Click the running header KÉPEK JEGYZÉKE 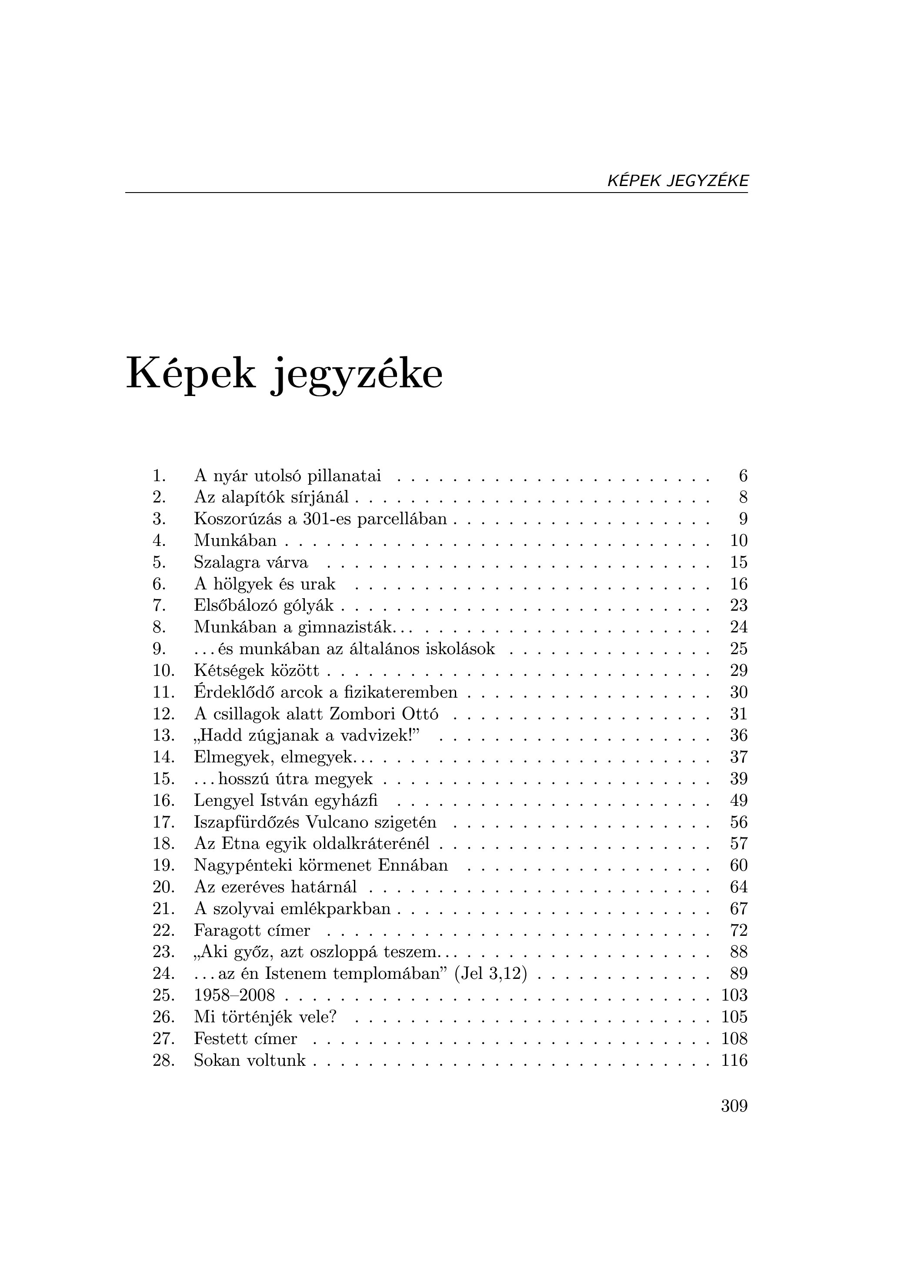[x=677, y=181]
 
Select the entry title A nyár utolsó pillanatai [x=287, y=476]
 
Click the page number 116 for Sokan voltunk [x=734, y=1060]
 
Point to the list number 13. [x=163, y=735]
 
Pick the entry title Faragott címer [x=252, y=931]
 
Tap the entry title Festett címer [x=245, y=1038]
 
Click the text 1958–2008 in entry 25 [x=234, y=995]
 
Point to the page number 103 [x=734, y=995]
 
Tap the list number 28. [x=163, y=1060]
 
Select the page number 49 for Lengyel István [x=738, y=801]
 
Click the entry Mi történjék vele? [x=265, y=1017]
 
